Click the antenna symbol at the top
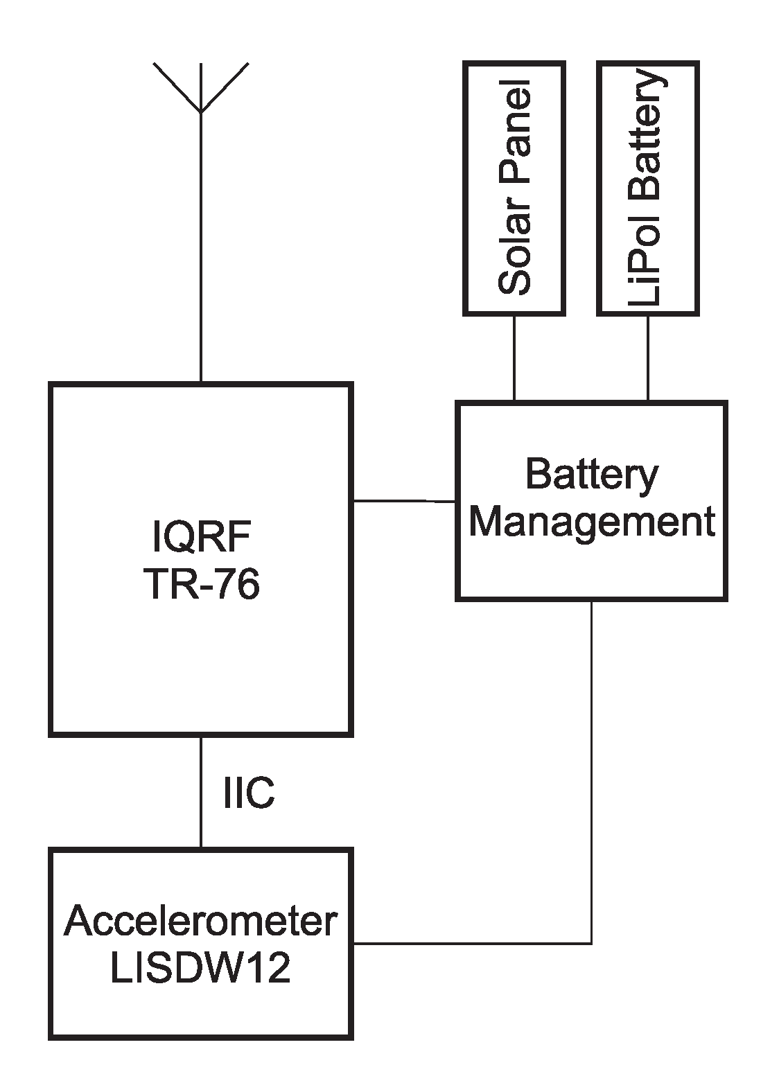click(x=200, y=90)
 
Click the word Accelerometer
click(x=201, y=922)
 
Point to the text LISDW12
click(x=201, y=968)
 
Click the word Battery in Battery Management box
click(x=591, y=476)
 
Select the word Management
click(x=591, y=521)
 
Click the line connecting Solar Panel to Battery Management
click(x=514, y=358)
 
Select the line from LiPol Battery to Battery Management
click(x=648, y=358)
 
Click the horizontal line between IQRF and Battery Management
click(x=403, y=500)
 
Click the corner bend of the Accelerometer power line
click(x=591, y=943)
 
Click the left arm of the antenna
click(x=177, y=87)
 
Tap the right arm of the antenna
click(x=224, y=87)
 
